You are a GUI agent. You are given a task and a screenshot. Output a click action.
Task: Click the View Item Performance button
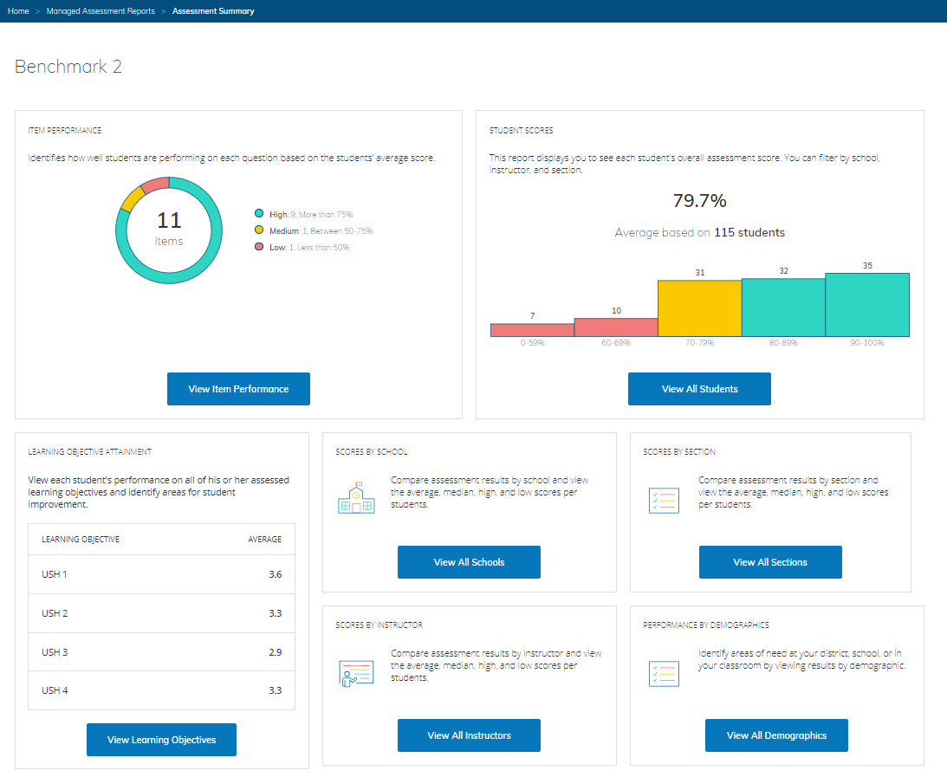pos(238,389)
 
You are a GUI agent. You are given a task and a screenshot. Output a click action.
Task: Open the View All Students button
pos(699,389)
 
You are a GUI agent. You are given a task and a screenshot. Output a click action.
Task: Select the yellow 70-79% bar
pos(699,308)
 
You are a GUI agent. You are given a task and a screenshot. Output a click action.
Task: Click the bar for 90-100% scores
pos(866,305)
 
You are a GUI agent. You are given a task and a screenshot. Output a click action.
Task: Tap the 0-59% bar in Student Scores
pos(532,330)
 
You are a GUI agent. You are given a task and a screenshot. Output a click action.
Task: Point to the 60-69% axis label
pos(616,343)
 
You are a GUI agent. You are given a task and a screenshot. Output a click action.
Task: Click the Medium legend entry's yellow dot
pos(259,230)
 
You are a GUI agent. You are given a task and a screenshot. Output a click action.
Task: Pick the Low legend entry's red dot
pos(259,247)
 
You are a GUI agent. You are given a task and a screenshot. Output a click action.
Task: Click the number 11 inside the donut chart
pos(169,220)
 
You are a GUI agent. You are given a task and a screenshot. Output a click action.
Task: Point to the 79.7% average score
pos(699,201)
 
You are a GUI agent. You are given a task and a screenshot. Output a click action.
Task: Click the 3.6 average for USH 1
pos(275,574)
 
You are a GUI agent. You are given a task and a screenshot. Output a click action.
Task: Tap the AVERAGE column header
pos(264,539)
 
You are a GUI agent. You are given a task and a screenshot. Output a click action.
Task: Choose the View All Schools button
pos(469,562)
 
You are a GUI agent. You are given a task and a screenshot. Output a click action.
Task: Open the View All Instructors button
pos(469,735)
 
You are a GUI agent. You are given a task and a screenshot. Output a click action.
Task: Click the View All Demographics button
pos(776,735)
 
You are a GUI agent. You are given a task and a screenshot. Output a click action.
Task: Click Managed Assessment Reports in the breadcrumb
pos(101,11)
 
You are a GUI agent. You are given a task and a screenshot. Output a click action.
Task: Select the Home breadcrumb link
pos(18,11)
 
